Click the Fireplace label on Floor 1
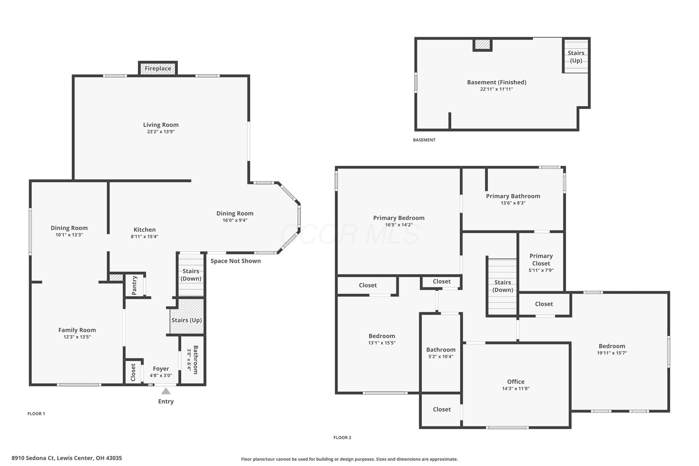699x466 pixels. click(158, 68)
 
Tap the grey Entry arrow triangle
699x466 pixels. click(166, 391)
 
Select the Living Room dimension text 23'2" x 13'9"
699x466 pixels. click(161, 132)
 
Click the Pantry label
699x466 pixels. click(134, 285)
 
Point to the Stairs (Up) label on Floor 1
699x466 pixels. click(187, 320)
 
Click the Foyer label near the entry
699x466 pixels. click(161, 369)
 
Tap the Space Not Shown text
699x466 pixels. click(236, 261)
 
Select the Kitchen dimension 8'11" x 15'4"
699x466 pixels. click(145, 237)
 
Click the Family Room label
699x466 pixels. click(77, 330)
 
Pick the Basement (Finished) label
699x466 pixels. click(497, 82)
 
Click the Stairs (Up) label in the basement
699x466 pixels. click(576, 57)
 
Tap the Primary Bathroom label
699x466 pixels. click(513, 196)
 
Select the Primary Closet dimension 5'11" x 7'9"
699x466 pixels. click(541, 270)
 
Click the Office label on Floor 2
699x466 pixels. click(516, 382)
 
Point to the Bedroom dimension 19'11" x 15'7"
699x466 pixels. click(612, 353)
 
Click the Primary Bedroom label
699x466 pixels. click(399, 218)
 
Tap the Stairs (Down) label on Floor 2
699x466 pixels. click(503, 286)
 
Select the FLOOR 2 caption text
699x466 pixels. click(342, 438)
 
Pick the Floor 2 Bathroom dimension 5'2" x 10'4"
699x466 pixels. click(441, 357)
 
